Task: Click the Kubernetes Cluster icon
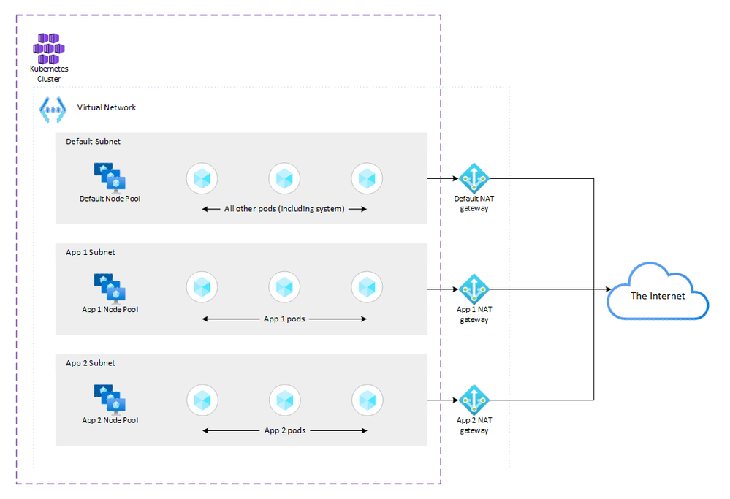(49, 48)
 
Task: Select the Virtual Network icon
(53, 109)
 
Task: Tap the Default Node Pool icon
(110, 178)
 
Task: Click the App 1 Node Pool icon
(110, 289)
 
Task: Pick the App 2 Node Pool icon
(110, 400)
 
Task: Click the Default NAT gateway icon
(474, 178)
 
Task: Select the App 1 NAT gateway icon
(474, 289)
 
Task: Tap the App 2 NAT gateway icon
(474, 400)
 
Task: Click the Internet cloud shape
(658, 294)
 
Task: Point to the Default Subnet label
(93, 141)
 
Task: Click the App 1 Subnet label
(90, 252)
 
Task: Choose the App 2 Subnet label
(90, 363)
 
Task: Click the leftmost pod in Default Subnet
(202, 178)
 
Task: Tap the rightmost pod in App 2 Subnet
(367, 400)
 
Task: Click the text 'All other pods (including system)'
(284, 209)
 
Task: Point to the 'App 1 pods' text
(284, 319)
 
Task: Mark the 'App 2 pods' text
(284, 430)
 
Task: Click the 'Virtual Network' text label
(107, 107)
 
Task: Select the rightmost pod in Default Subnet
(367, 178)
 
